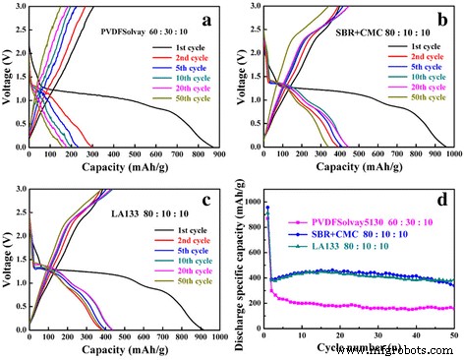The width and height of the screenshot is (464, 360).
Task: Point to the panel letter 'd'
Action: pyautogui.click(x=441, y=202)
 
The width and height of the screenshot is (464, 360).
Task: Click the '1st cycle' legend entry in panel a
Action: pyautogui.click(x=182, y=46)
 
